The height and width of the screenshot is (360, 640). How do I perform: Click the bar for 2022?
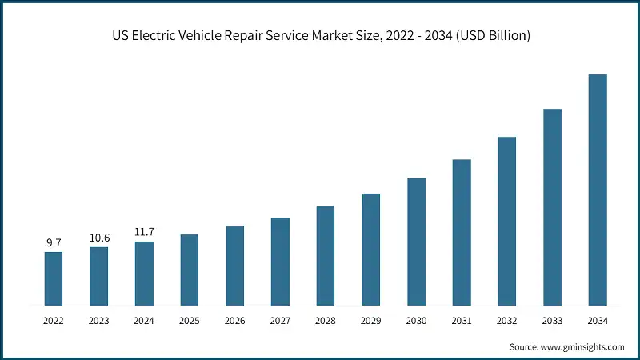pyautogui.click(x=53, y=278)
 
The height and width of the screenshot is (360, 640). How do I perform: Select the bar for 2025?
pyautogui.click(x=189, y=270)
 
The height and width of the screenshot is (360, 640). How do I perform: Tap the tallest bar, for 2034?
pyautogui.click(x=598, y=190)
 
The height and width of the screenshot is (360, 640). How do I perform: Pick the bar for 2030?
pyautogui.click(x=416, y=242)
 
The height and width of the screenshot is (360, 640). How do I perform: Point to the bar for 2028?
pyautogui.click(x=325, y=256)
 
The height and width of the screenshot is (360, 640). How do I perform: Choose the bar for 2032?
pyautogui.click(x=507, y=221)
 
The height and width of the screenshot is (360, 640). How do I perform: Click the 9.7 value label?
pyautogui.click(x=53, y=242)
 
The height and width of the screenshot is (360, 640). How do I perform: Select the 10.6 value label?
pyautogui.click(x=98, y=237)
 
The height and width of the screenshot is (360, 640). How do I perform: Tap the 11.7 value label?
pyautogui.click(x=144, y=232)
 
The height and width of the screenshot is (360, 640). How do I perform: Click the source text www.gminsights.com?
pyautogui.click(x=584, y=347)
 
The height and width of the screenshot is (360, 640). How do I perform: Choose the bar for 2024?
pyautogui.click(x=144, y=274)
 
